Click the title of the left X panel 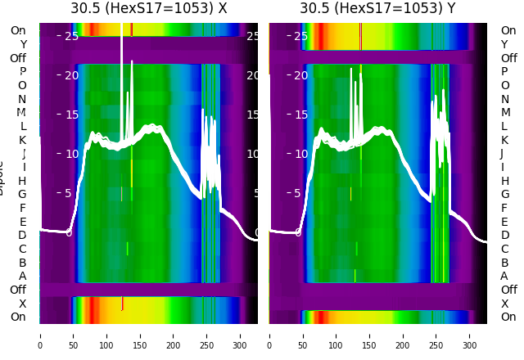coord(148,9)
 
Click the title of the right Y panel coord(377,9)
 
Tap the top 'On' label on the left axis coord(18,31)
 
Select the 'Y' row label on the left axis coord(23,44)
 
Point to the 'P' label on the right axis coord(504,72)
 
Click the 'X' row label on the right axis coord(504,304)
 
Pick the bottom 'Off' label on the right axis coord(508,290)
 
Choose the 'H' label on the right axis coord(504,181)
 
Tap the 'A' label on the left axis coord(22,276)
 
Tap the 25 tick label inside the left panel coord(71,36)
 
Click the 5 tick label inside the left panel coord(70,193)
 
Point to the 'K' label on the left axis coord(22,140)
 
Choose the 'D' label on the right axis coord(504,236)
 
